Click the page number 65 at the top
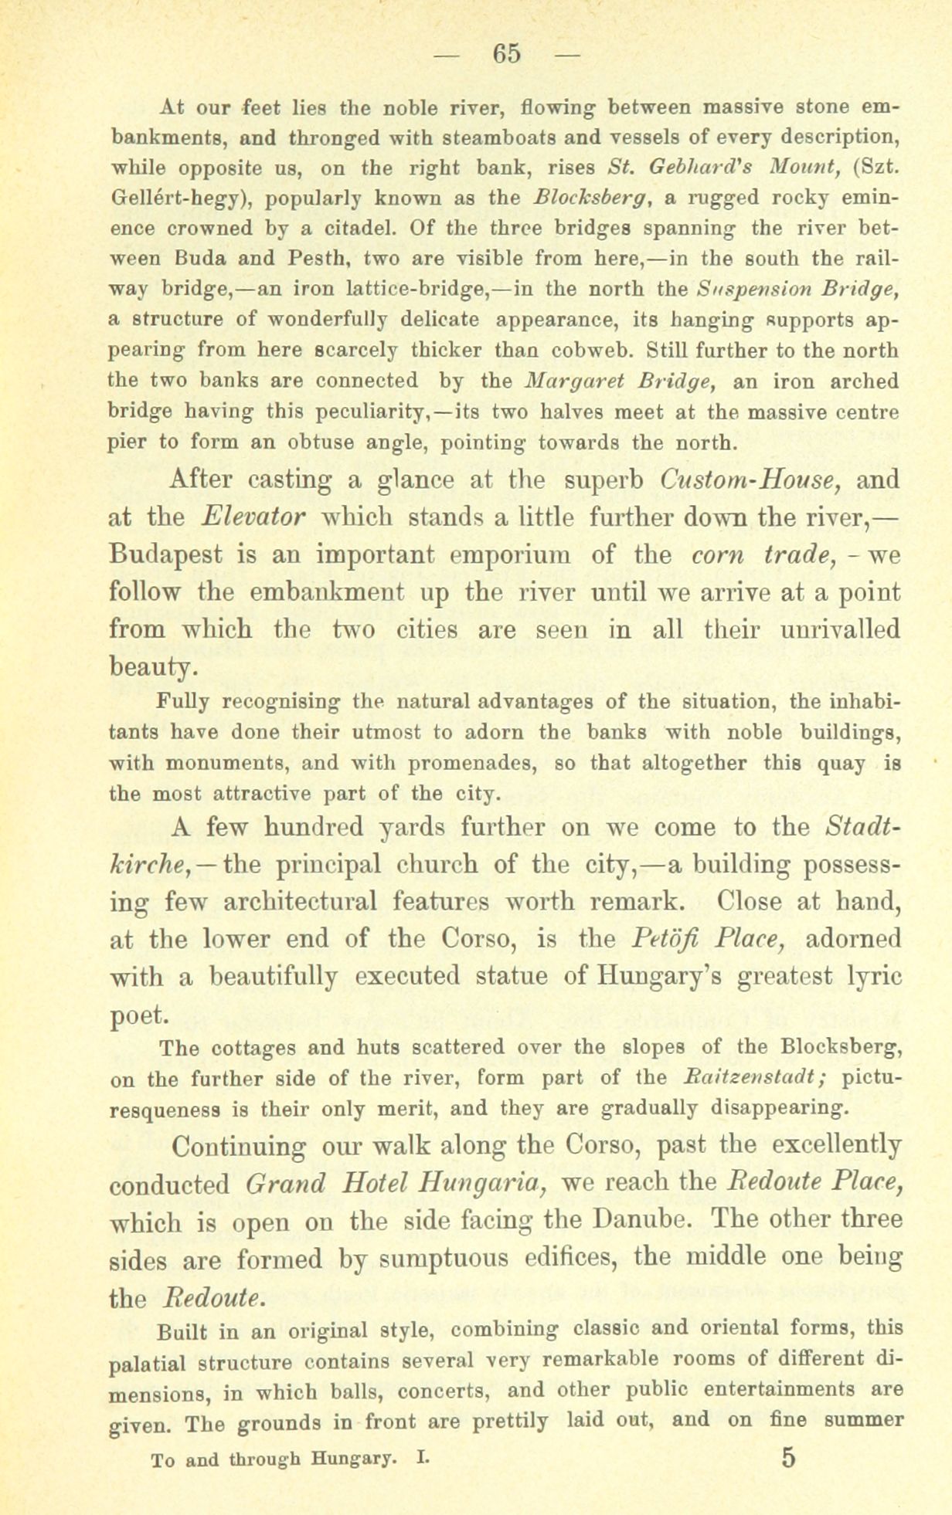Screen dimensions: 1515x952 (508, 53)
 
